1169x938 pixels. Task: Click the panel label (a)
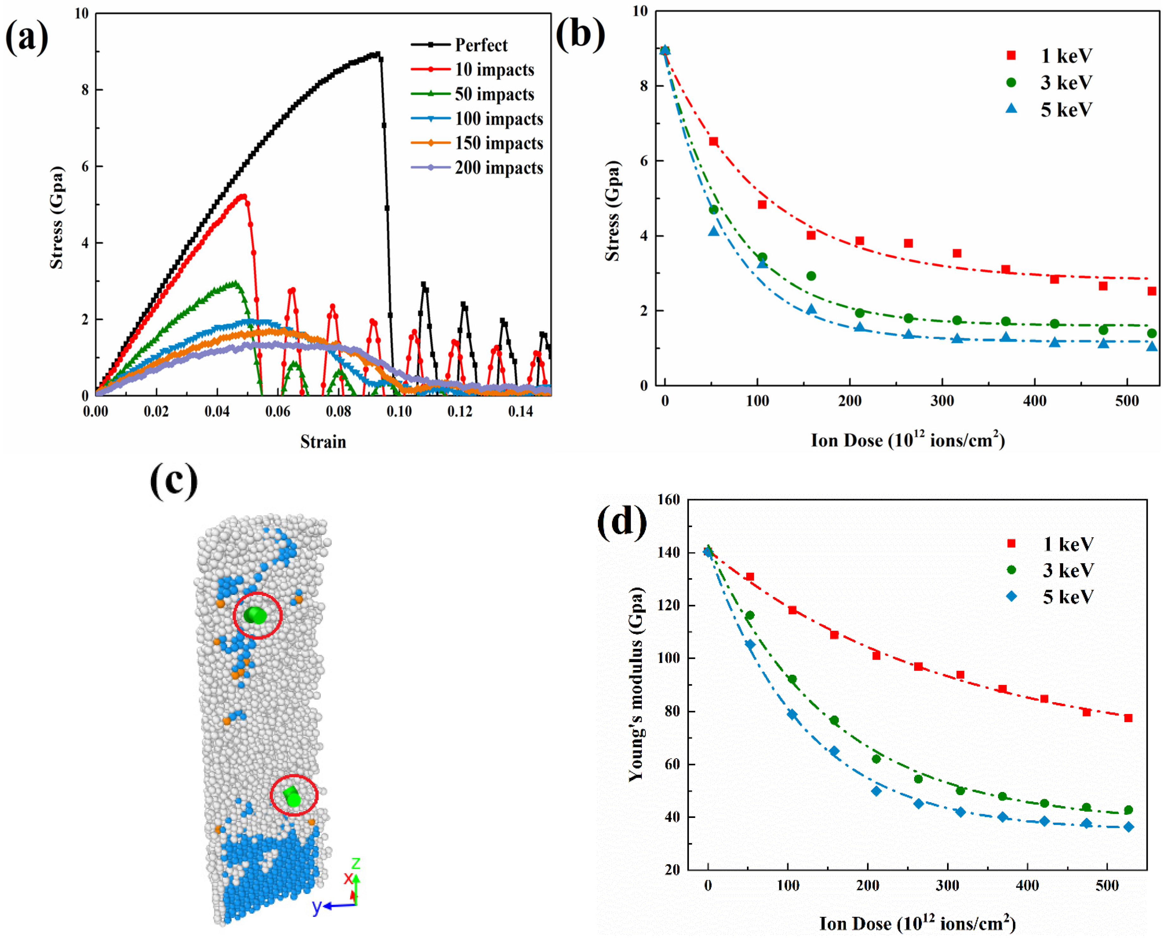[x=27, y=38]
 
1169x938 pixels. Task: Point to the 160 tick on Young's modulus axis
[x=668, y=500]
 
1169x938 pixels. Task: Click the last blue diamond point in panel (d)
[x=1128, y=827]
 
